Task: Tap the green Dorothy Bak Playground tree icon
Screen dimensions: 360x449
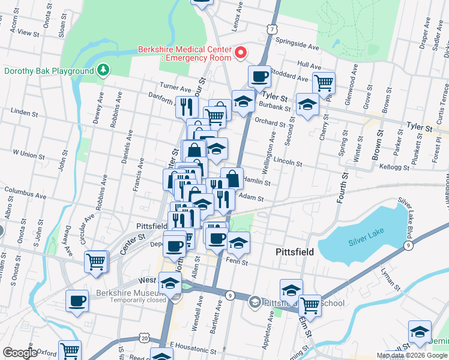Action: (x=104, y=71)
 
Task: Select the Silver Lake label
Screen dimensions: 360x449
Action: (x=364, y=242)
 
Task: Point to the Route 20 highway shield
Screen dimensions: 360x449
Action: (x=145, y=338)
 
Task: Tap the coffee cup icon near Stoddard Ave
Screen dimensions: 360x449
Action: (x=259, y=77)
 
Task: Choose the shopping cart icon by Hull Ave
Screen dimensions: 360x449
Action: (x=324, y=82)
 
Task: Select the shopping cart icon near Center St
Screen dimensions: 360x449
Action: (x=96, y=262)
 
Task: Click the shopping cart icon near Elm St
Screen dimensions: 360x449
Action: (x=310, y=305)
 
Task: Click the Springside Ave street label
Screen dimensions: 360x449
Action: (x=297, y=44)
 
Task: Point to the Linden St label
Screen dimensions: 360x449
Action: (x=25, y=112)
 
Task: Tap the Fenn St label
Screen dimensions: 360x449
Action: (x=237, y=261)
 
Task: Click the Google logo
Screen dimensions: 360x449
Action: (x=20, y=353)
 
